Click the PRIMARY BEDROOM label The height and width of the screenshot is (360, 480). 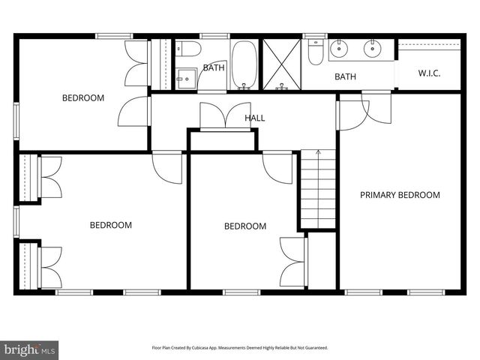pyautogui.click(x=400, y=195)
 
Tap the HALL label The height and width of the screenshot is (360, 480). pyautogui.click(x=255, y=118)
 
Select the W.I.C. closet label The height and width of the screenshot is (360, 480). pyautogui.click(x=428, y=73)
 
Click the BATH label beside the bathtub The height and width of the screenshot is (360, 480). pyautogui.click(x=214, y=67)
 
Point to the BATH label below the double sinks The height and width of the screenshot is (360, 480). pyautogui.click(x=345, y=76)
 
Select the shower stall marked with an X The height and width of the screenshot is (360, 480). pyautogui.click(x=282, y=63)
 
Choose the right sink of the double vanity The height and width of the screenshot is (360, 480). pyautogui.click(x=373, y=49)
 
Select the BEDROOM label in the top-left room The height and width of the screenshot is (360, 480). pyautogui.click(x=83, y=97)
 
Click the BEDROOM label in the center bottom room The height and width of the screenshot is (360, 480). pyautogui.click(x=245, y=226)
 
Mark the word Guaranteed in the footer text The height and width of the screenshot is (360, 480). pyautogui.click(x=313, y=347)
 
